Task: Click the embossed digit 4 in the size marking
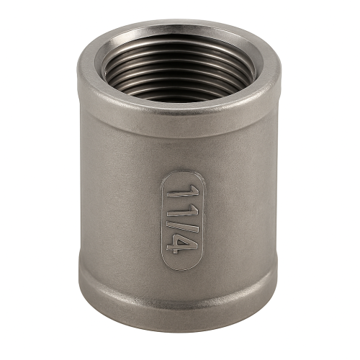[x=183, y=243]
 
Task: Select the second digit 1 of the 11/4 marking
[x=183, y=210]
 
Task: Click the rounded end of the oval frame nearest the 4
[x=181, y=267]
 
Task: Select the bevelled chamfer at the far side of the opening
[x=179, y=34]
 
